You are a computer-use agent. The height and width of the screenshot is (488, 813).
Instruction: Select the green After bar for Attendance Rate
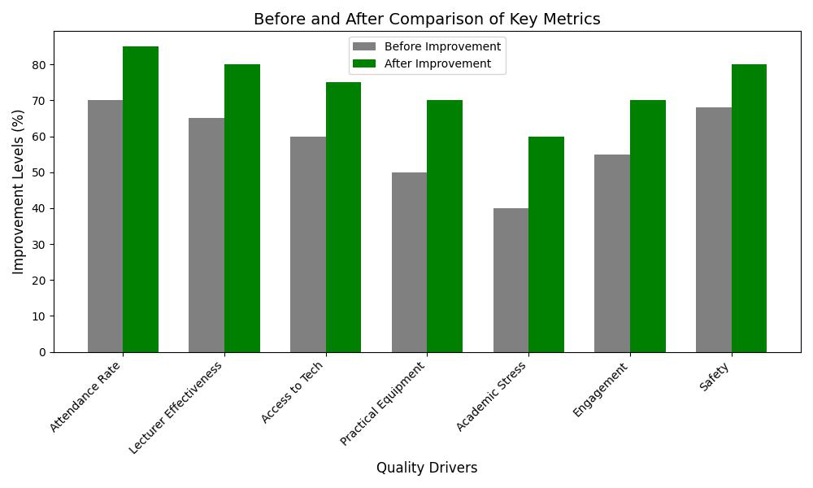pos(141,199)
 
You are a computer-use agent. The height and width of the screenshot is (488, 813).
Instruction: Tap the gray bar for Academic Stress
pos(511,280)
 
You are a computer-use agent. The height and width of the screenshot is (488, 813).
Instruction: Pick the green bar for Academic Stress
pos(546,244)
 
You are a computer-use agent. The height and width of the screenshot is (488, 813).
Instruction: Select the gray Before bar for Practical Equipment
pos(409,262)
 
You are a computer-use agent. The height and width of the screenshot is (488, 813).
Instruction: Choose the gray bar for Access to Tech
pos(308,244)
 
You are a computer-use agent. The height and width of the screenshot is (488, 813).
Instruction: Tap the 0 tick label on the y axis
pos(41,352)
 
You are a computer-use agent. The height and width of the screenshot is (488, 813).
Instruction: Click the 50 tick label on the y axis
pos(38,172)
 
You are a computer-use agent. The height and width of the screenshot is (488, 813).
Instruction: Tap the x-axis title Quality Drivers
pos(427,468)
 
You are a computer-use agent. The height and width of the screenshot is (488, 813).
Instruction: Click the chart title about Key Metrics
pos(427,20)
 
